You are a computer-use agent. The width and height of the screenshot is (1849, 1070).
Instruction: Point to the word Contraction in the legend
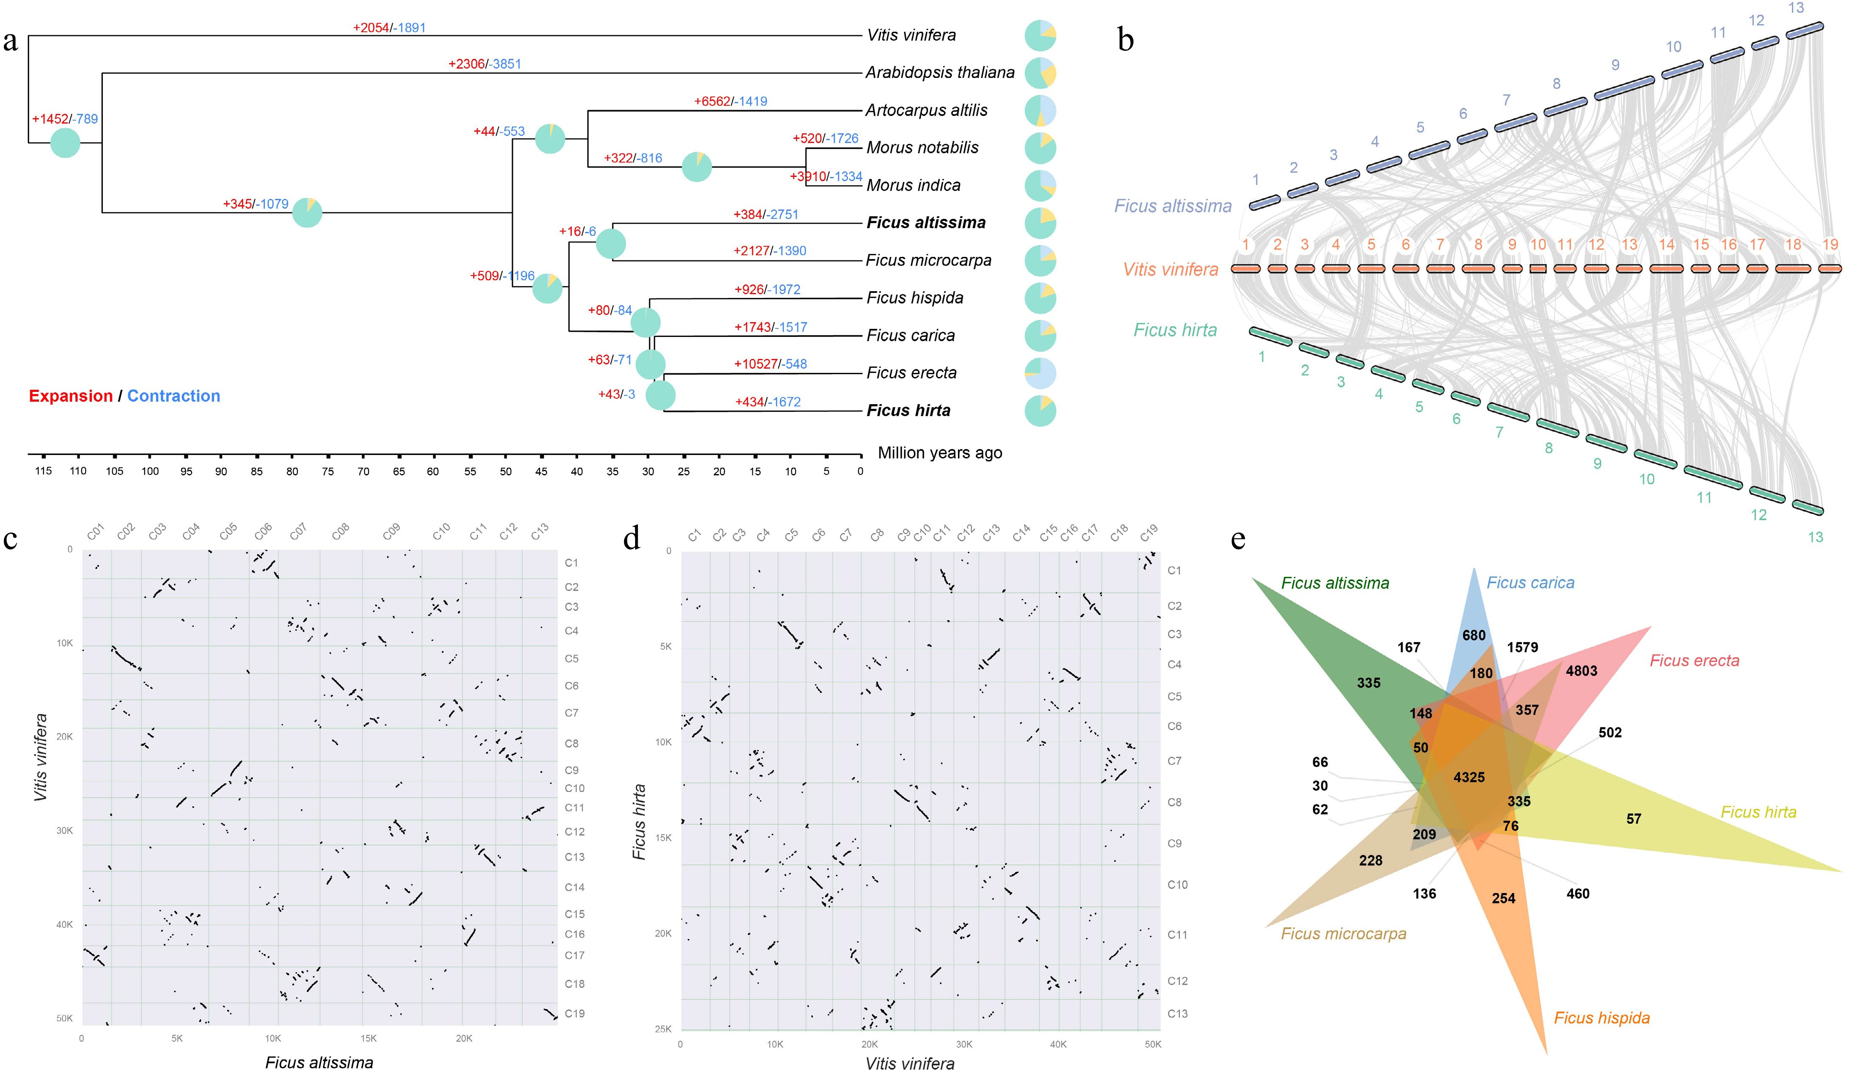tap(174, 396)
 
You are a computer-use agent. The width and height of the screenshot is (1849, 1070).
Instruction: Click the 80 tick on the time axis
tap(292, 471)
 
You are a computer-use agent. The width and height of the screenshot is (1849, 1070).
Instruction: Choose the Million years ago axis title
tap(940, 453)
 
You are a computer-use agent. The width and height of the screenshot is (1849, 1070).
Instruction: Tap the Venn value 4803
tap(1581, 671)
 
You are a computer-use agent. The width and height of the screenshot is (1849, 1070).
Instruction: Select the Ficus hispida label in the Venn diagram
tap(1602, 1018)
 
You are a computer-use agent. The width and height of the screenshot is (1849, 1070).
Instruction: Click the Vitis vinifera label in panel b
tap(1170, 269)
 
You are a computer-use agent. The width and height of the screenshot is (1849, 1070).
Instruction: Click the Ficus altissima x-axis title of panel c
tap(319, 1062)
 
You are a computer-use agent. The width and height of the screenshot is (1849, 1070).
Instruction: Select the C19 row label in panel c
tap(575, 1013)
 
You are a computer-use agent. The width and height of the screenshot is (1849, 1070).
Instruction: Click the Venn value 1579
tap(1522, 647)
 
